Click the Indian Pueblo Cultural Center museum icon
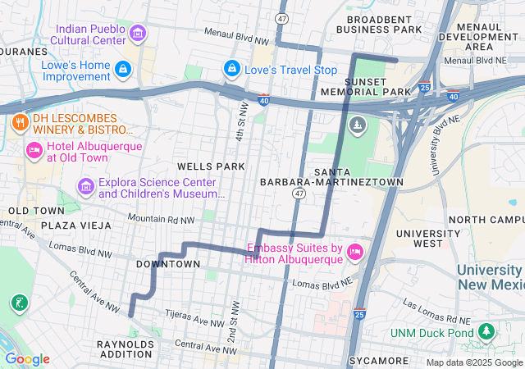[138, 34]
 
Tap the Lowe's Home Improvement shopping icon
[123, 68]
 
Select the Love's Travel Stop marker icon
[232, 68]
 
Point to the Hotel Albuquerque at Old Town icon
[34, 150]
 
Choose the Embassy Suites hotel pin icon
[355, 253]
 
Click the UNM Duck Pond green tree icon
[487, 331]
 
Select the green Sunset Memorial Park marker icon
[357, 125]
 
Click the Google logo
[27, 358]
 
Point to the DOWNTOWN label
[167, 264]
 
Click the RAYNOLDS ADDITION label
[126, 350]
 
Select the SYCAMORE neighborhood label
[378, 361]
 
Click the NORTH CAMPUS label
[486, 220]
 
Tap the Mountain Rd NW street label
[162, 220]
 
